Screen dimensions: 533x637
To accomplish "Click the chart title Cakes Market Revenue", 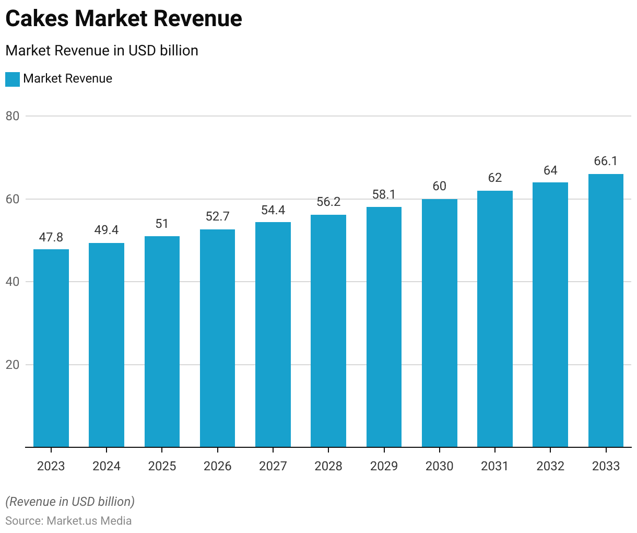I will (124, 19).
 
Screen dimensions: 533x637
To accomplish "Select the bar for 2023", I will (51, 348).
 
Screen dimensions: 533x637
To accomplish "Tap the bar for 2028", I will (328, 331).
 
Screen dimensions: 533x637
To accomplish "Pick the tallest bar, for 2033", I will (606, 310).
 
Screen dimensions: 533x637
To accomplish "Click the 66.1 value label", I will (606, 161).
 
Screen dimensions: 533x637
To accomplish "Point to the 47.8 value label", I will (51, 237).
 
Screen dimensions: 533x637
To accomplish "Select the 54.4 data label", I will (273, 210).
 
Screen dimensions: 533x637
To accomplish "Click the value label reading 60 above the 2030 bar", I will (440, 187).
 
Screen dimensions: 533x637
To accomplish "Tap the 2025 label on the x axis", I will (162, 466).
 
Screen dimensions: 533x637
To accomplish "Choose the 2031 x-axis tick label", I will (495, 466).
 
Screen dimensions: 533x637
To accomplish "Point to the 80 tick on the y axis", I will (13, 116).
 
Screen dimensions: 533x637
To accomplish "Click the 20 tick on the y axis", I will (13, 365).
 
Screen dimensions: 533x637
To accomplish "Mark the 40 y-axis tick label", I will (13, 282).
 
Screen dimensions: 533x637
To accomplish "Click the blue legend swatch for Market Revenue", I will (13, 79).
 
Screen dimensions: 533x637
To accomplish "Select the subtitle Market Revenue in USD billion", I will (102, 51).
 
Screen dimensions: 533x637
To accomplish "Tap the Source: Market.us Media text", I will (68, 521).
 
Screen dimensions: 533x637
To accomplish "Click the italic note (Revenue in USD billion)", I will (70, 502).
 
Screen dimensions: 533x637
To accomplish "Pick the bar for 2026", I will (217, 338).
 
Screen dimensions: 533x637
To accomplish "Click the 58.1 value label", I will (384, 195).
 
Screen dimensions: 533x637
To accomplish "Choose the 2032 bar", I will (550, 315).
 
